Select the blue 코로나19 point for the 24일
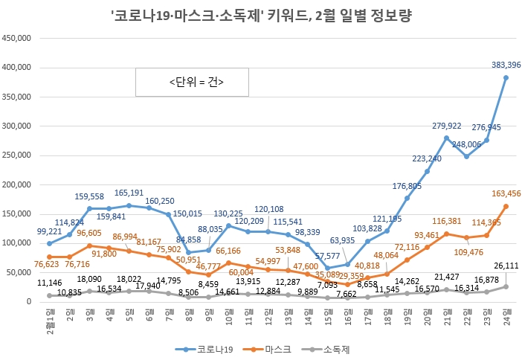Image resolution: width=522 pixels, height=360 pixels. [506, 77]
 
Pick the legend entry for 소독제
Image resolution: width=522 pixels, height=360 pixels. [331, 348]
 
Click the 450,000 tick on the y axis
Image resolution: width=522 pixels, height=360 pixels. [19, 38]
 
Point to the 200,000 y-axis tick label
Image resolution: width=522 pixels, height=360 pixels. [19, 184]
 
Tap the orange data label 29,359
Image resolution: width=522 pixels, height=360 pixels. [350, 275]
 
